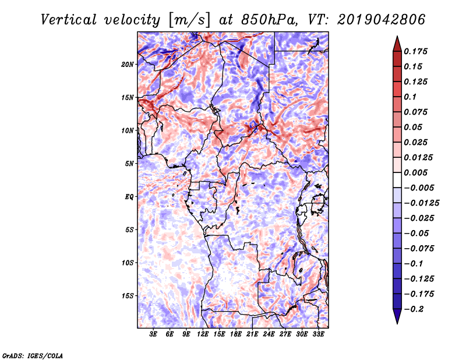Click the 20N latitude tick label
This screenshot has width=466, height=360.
pyautogui.click(x=128, y=65)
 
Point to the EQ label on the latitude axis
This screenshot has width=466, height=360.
pyautogui.click(x=129, y=197)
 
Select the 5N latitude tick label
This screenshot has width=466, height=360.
pyautogui.click(x=129, y=164)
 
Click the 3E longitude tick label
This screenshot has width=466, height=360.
pyautogui.click(x=153, y=334)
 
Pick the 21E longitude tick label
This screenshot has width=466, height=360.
pyautogui.click(x=252, y=334)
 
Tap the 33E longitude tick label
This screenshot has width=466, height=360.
pyautogui.click(x=318, y=334)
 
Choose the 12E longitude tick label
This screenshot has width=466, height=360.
pyautogui.click(x=202, y=334)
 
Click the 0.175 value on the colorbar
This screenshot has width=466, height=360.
pyautogui.click(x=415, y=51)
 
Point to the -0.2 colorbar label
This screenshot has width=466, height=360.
pyautogui.click(x=414, y=309)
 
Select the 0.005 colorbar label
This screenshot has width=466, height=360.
pyautogui.click(x=415, y=172)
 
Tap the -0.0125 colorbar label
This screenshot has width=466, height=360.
pyautogui.click(x=421, y=203)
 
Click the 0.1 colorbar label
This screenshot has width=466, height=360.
pyautogui.click(x=410, y=97)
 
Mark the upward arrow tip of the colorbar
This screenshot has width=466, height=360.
pyautogui.click(x=397, y=36)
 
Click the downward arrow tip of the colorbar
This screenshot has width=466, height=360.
pyautogui.click(x=397, y=323)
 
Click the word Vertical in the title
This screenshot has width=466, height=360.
pyautogui.click(x=68, y=20)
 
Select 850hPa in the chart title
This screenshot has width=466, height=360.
pyautogui.click(x=269, y=20)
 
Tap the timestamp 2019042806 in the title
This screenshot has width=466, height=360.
pyautogui.click(x=382, y=20)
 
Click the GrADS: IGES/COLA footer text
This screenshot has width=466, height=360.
pyautogui.click(x=33, y=355)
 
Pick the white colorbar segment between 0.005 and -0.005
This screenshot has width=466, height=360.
pyautogui.click(x=397, y=180)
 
